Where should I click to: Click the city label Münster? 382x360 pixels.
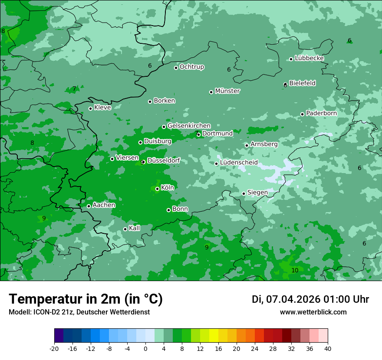click(x=227, y=91)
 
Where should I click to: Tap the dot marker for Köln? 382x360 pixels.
click(x=157, y=189)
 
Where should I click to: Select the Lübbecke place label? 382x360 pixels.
click(x=309, y=58)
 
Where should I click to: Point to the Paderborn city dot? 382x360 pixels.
click(x=302, y=114)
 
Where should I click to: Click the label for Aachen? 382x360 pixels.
click(x=104, y=205)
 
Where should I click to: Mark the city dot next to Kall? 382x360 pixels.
click(x=125, y=229)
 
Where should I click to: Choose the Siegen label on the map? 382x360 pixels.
click(x=257, y=193)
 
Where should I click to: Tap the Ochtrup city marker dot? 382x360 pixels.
click(x=176, y=68)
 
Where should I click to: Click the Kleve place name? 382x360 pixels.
click(x=102, y=108)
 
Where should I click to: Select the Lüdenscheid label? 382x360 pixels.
click(x=239, y=163)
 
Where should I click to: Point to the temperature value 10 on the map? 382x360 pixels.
click(x=295, y=270)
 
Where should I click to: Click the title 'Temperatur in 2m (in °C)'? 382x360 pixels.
click(x=86, y=299)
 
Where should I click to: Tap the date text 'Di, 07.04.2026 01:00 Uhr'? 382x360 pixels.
click(x=310, y=299)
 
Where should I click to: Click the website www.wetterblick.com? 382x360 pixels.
click(x=313, y=312)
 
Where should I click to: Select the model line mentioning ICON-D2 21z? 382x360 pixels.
click(x=79, y=312)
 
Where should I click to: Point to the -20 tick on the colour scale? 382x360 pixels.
click(x=54, y=348)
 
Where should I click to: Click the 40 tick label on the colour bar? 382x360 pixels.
click(x=327, y=348)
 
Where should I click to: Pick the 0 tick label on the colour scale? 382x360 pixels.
click(x=145, y=348)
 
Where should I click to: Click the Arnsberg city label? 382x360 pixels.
click(x=264, y=144)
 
